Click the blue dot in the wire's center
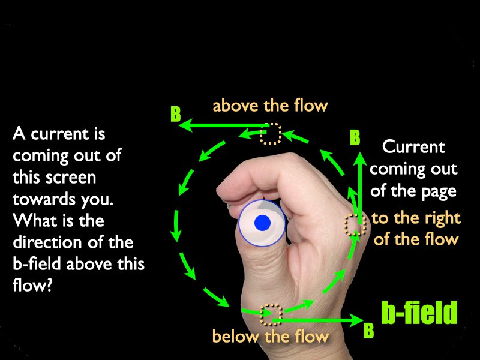point(262,223)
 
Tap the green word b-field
point(419,312)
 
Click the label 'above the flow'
point(271,106)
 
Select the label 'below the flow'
point(271,336)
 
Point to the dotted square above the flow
point(271,133)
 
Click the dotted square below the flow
point(271,314)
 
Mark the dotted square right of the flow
point(355,224)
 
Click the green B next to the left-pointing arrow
point(176,114)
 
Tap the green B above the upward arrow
point(355,137)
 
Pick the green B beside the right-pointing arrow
point(369,330)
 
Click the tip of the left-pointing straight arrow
point(179,125)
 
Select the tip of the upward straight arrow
point(360,152)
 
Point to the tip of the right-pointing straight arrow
point(364,320)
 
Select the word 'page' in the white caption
point(439,192)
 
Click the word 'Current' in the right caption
point(413,146)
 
